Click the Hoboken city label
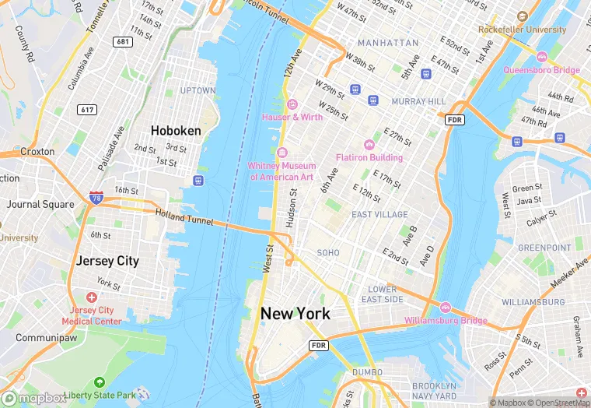click(176, 131)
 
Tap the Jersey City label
click(107, 261)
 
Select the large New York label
click(295, 314)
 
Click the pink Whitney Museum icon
click(282, 153)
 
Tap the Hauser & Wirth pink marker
click(292, 104)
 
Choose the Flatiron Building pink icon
click(369, 145)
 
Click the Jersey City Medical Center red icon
click(91, 298)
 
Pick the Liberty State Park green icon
click(99, 383)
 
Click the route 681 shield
click(121, 41)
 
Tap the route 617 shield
click(86, 110)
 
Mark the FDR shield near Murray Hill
click(454, 120)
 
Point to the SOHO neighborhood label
click(328, 253)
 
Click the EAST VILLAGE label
click(379, 214)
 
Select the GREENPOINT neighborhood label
click(544, 248)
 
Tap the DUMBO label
click(367, 373)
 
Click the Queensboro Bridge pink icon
click(542, 57)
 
